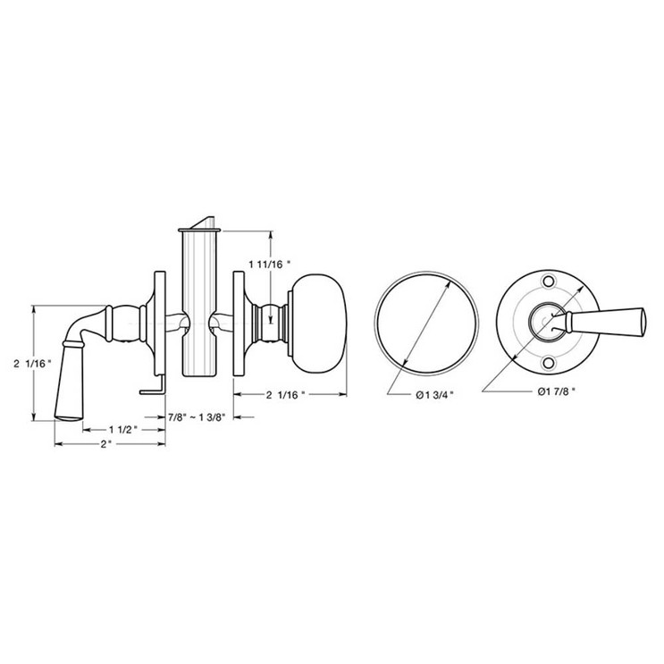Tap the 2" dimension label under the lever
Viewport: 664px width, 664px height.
106,444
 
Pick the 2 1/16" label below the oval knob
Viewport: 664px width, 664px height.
285,394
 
